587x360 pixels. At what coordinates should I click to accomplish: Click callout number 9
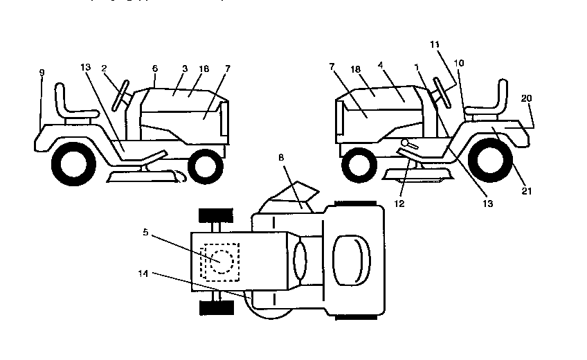click(41, 72)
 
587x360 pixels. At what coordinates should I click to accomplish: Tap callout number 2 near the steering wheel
click(103, 69)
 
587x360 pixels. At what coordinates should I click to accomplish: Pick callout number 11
click(434, 44)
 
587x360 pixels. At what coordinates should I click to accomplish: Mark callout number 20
click(526, 99)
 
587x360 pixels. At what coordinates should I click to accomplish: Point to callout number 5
click(145, 233)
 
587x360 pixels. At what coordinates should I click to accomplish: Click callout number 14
click(144, 274)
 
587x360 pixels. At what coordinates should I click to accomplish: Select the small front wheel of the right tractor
click(358, 163)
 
